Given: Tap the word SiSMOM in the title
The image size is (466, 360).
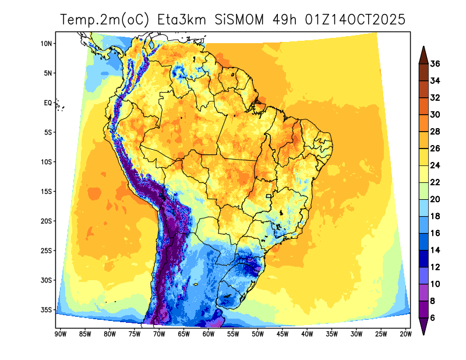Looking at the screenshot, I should click(x=239, y=20).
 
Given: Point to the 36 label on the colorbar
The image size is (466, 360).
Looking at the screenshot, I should click(x=435, y=63).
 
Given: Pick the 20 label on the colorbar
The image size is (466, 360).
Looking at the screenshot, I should click(x=435, y=199).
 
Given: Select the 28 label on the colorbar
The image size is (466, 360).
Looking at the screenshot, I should click(x=435, y=131).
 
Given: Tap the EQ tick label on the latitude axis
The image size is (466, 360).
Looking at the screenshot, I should click(x=47, y=103).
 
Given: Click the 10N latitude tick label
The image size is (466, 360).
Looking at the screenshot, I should click(x=47, y=44).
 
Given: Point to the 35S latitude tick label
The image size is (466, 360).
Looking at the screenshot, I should click(x=47, y=309).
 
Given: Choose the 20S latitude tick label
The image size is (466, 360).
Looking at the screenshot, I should click(x=47, y=221).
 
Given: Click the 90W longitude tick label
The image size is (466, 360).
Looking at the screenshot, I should click(x=59, y=334).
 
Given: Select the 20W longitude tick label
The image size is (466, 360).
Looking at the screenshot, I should click(x=405, y=334).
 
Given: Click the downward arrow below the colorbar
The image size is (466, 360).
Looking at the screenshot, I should click(x=423, y=329).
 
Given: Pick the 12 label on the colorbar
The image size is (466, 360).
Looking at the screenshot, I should click(x=435, y=267).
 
